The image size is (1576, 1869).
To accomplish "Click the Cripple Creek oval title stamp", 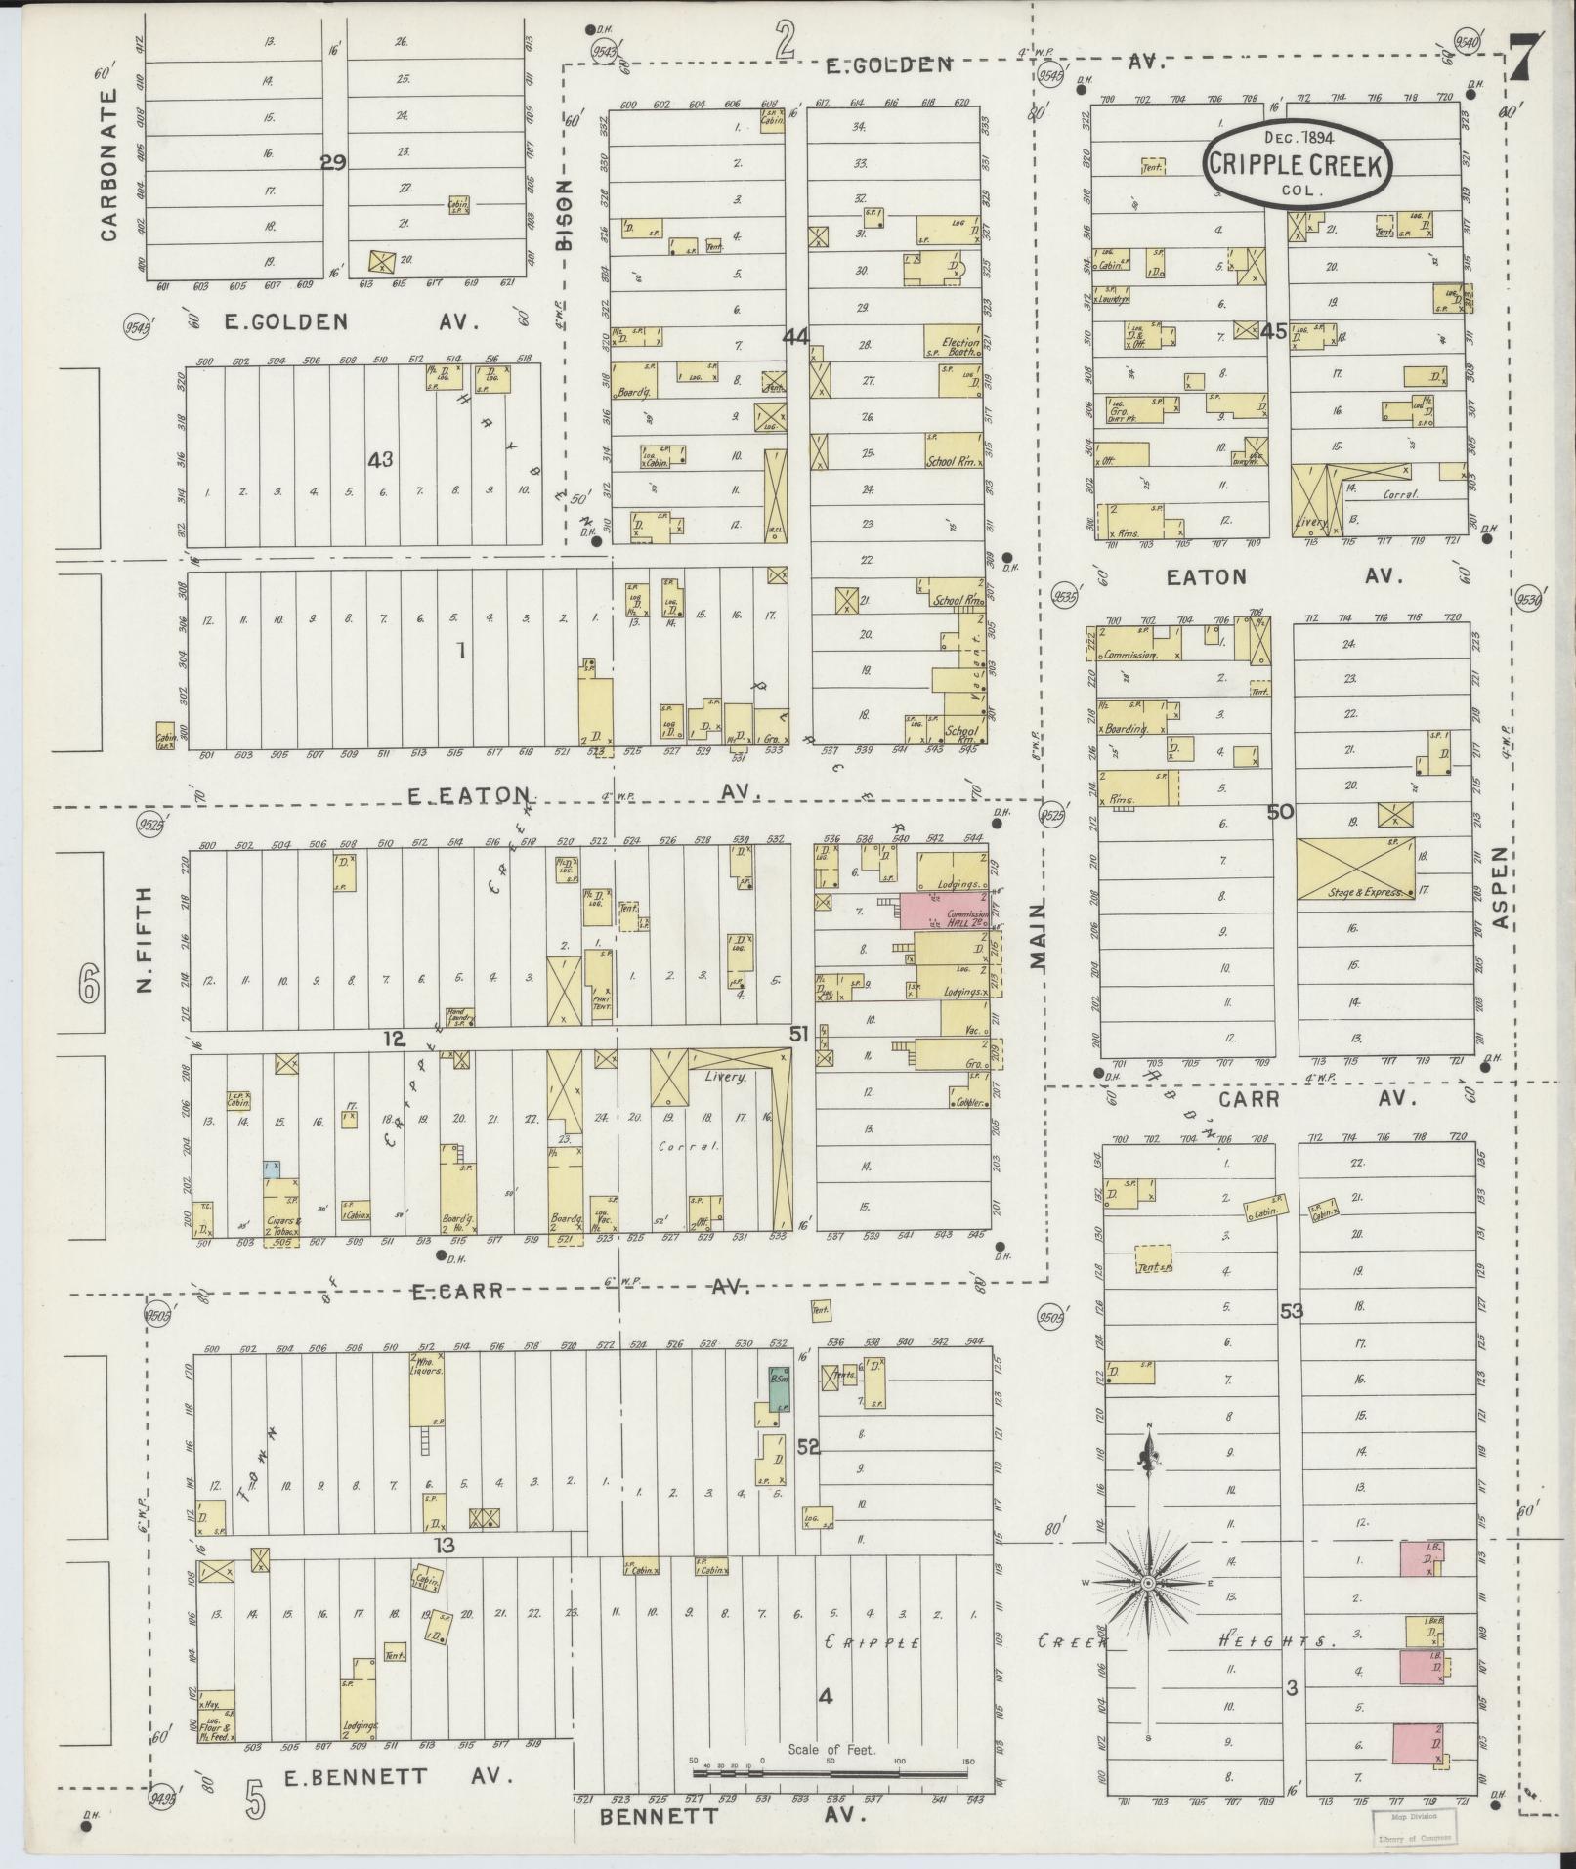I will pyautogui.click(x=1296, y=164).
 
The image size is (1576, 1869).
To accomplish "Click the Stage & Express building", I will pyautogui.click(x=1355, y=869).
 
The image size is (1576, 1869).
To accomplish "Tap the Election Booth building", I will pyautogui.click(x=954, y=341).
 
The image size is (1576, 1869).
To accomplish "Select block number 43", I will pyautogui.click(x=379, y=459).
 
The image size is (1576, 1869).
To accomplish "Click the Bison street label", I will pyautogui.click(x=565, y=216).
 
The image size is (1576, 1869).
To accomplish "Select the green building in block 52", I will pyautogui.click(x=779, y=1388).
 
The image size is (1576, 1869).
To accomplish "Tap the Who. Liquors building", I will pyautogui.click(x=426, y=1388).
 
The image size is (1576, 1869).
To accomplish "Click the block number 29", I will pyautogui.click(x=333, y=163).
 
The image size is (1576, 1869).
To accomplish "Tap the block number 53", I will pyautogui.click(x=1292, y=1311).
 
